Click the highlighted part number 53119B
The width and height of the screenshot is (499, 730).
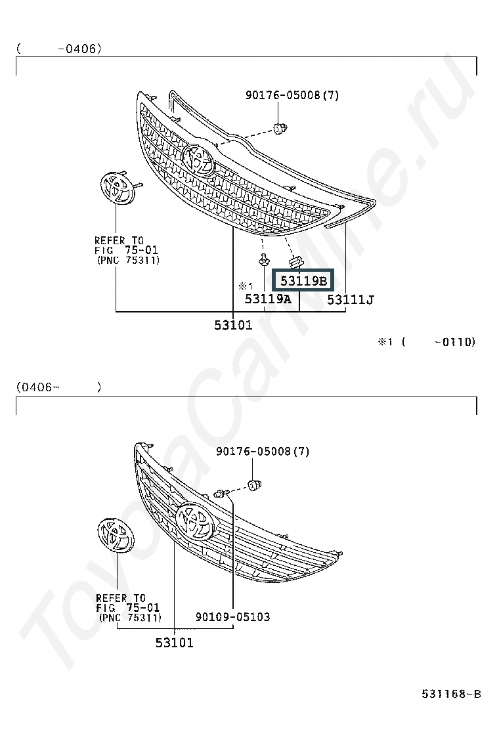click(x=303, y=281)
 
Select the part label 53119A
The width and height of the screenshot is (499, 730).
click(x=268, y=299)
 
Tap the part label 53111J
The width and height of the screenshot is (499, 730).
click(x=350, y=299)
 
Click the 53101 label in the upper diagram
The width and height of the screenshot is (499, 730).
click(x=233, y=324)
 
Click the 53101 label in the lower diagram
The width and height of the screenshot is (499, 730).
click(x=174, y=643)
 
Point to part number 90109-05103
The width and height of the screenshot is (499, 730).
click(x=232, y=616)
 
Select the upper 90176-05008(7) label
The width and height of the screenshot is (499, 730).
click(x=292, y=95)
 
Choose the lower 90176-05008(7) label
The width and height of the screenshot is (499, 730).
click(x=263, y=451)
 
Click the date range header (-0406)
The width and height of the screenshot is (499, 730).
click(x=58, y=49)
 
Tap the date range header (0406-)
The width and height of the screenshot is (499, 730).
click(x=58, y=387)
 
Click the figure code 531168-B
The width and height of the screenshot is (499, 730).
click(x=451, y=694)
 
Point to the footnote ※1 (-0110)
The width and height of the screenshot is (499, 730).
click(x=426, y=342)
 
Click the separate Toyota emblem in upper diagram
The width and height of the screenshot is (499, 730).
click(x=118, y=188)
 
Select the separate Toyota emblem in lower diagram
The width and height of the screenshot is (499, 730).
click(x=116, y=536)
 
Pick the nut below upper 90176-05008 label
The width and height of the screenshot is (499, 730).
click(x=279, y=128)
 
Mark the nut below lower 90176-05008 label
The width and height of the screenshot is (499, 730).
click(x=254, y=485)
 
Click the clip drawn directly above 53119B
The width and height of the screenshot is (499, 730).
click(x=295, y=263)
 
